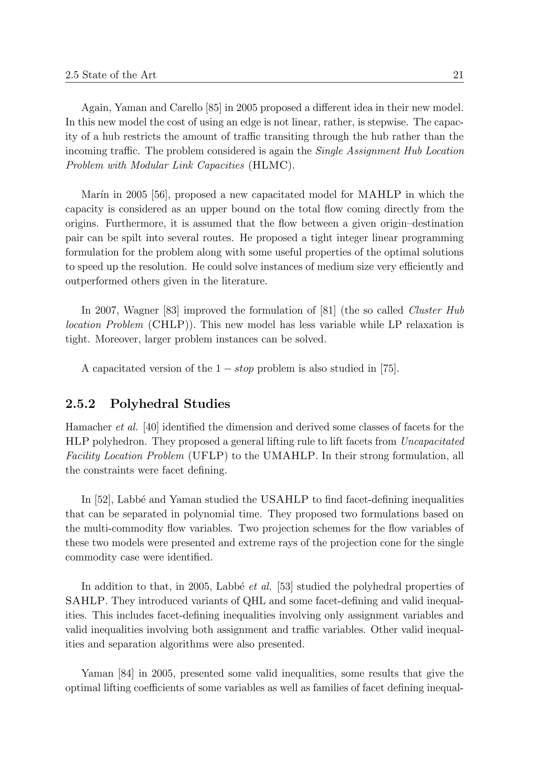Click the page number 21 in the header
pos(458,75)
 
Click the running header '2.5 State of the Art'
pos(111,75)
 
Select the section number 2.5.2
pos(80,404)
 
